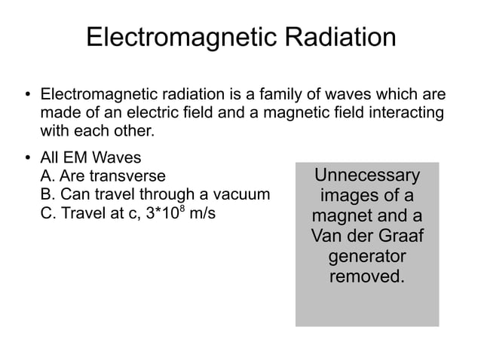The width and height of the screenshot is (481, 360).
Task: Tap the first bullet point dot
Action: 26,96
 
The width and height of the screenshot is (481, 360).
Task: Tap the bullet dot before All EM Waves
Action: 26,159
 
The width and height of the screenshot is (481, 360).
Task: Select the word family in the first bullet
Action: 286,96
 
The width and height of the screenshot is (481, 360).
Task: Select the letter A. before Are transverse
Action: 47,177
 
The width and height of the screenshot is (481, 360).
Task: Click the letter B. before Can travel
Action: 47,195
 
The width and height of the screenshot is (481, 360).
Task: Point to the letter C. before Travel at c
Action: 47,213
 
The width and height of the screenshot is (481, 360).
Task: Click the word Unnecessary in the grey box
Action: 366,175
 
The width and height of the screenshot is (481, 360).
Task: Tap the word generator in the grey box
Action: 366,257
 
